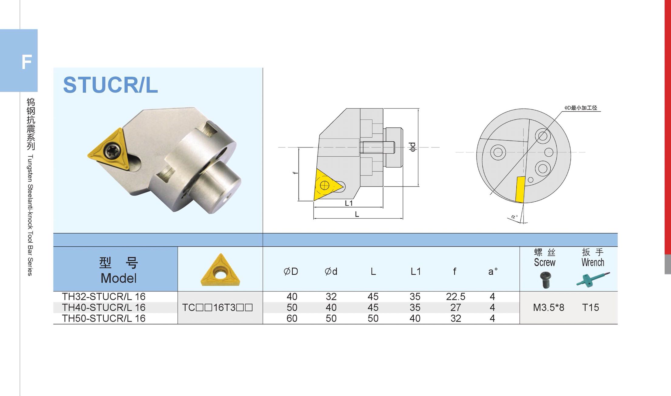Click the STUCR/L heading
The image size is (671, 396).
click(110, 85)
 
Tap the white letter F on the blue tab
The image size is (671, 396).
click(27, 62)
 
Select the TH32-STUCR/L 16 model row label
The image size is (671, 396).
click(104, 297)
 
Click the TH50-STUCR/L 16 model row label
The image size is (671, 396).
click(104, 318)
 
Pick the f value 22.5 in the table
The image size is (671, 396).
click(456, 297)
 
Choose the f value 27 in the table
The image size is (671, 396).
click(456, 307)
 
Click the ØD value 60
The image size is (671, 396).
click(292, 318)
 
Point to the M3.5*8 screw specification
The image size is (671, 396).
click(549, 307)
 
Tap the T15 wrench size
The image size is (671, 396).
click(590, 307)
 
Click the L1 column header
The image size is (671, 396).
click(415, 271)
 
